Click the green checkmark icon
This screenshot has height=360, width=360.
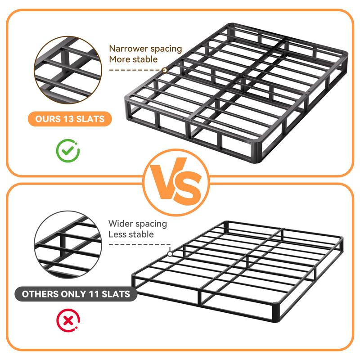coord(68,151)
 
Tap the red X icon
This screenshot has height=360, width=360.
coord(68,321)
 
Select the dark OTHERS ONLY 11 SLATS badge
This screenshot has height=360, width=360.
coord(76,294)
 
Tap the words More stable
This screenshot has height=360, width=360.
coord(133,59)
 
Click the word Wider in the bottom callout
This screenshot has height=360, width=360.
coord(121,223)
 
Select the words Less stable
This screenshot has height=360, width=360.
coord(131,234)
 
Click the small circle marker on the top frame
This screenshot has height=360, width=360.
coord(165,70)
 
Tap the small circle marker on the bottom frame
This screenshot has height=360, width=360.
coord(169,254)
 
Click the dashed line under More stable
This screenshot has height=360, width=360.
coord(135,70)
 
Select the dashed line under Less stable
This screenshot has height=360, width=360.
coord(137,245)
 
